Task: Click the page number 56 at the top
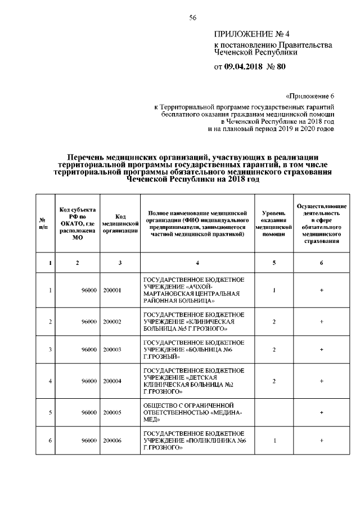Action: [192, 18]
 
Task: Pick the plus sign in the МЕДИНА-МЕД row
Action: [321, 412]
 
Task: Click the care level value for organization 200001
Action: [273, 290]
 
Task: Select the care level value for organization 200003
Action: [273, 349]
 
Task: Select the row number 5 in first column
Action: [51, 412]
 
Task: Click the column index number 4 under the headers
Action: [197, 263]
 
